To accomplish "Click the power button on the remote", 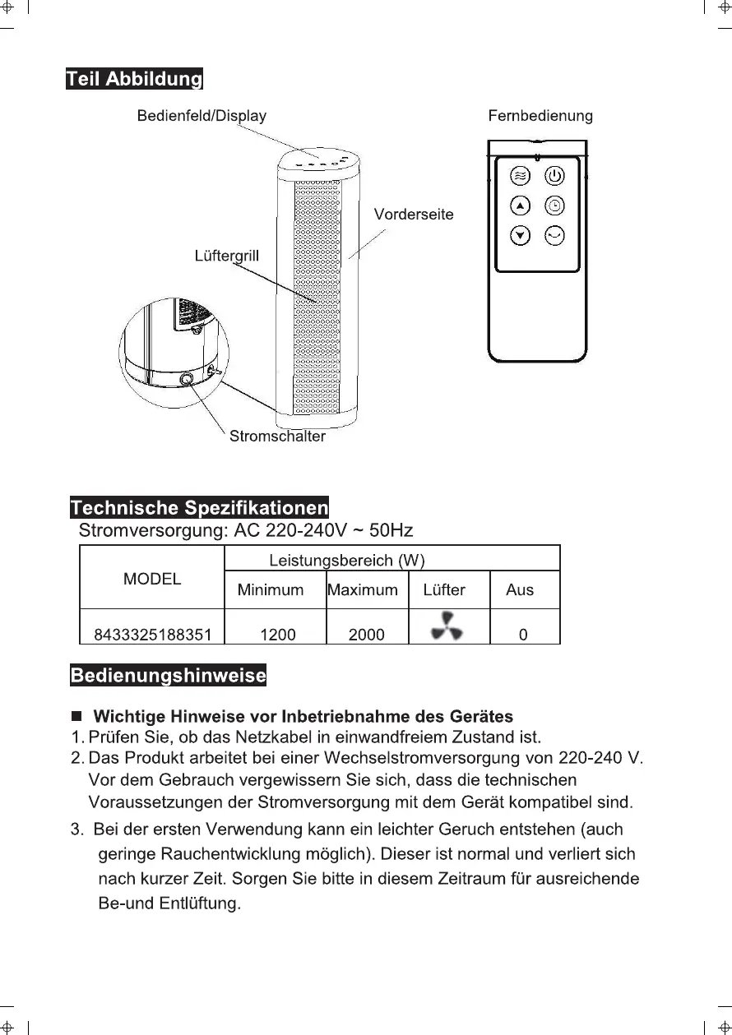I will pos(555,175).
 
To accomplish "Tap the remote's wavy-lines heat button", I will pos(520,175).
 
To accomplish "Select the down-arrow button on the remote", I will pos(520,236).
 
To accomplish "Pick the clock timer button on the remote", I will pos(555,206).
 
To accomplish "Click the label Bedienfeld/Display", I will pos(202,116).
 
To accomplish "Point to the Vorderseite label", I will pos(414,215).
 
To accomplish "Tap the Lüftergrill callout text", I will pos(226,256).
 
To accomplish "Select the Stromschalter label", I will pos(277,437).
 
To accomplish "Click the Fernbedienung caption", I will pos(540,116).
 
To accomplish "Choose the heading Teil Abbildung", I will pos(134,80).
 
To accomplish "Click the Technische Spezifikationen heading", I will pos(199,506).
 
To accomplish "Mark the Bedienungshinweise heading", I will pos(169,676).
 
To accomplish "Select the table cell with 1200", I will pos(278,635).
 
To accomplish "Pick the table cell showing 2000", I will pos(366,635).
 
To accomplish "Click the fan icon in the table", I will pos(447,626).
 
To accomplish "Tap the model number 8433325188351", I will pos(153,635).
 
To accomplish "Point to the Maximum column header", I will pos(363,590).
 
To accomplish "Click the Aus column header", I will pos(520,590).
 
